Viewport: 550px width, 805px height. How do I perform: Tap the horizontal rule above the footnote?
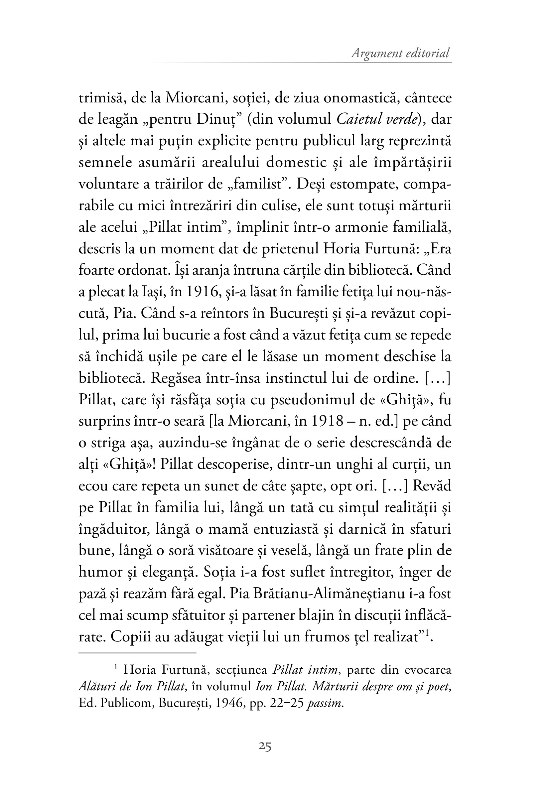tap(138, 653)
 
